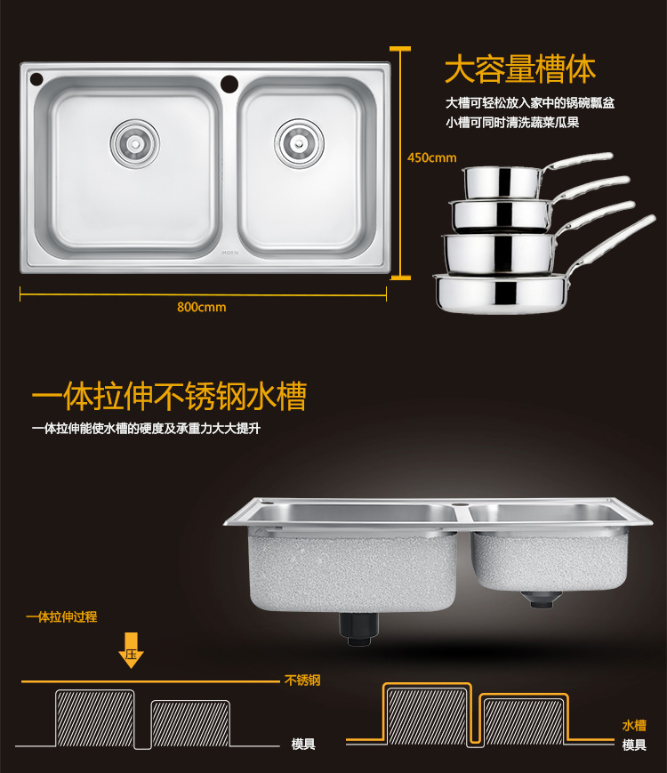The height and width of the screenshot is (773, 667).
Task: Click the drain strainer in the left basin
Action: pos(134,143)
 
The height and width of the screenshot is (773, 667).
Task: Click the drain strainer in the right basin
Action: pos(299,143)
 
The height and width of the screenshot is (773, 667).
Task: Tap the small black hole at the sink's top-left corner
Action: pos(36,78)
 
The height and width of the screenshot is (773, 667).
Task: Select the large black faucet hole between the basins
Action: pos(229,84)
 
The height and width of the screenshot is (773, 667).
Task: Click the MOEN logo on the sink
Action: pos(229,253)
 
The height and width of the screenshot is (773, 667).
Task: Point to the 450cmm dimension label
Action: pos(432,157)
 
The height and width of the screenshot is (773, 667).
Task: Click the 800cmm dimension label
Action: pos(202,307)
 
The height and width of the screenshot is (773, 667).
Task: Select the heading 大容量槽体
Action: pos(520,69)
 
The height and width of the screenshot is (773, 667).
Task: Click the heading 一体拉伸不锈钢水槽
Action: pos(169,396)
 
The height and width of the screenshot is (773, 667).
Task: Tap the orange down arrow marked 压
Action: pos(131,650)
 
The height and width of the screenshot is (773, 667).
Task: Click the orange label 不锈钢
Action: pos(302,680)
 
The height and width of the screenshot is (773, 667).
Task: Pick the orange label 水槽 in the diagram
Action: pos(634,725)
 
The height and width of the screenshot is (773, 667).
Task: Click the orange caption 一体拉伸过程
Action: pos(61,616)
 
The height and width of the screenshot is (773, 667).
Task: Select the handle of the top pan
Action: pos(577,161)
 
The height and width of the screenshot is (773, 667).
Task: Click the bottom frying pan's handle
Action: pos(611,246)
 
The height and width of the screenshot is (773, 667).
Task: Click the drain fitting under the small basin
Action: pos(542,599)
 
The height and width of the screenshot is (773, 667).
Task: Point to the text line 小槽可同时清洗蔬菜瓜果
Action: pos(512,122)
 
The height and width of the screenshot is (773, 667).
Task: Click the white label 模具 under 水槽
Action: pos(634,745)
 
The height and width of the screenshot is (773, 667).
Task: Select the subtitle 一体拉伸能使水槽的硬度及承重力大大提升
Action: pos(146,429)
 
